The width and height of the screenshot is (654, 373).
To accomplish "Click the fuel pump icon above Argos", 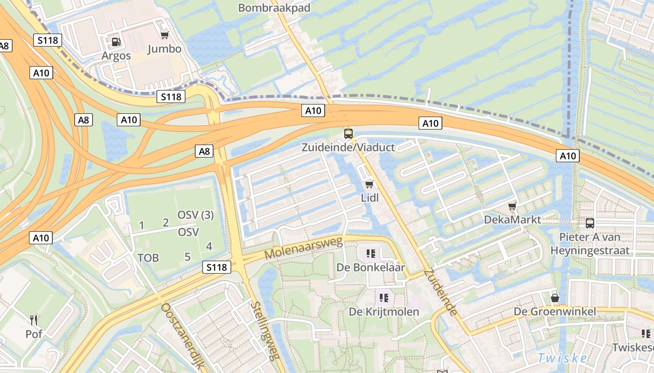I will [116, 42].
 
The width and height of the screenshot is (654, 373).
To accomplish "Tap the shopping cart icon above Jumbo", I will [164, 35].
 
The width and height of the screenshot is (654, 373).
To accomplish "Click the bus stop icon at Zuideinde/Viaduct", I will [348, 134].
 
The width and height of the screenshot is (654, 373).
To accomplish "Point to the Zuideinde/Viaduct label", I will [348, 147].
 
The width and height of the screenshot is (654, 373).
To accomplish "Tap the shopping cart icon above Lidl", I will [370, 184].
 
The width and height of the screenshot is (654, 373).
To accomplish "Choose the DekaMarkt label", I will [512, 219].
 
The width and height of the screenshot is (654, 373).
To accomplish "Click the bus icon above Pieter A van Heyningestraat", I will [590, 223].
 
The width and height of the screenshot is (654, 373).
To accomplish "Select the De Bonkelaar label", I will [371, 268].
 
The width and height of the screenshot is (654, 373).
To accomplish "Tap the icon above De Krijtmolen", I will [384, 297].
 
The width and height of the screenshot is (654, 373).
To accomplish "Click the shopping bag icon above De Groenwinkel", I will [555, 297].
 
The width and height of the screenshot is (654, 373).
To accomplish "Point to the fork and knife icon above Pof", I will [34, 320].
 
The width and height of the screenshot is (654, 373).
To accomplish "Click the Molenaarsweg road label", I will [304, 248].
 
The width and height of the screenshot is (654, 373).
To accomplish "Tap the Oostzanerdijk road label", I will [182, 336].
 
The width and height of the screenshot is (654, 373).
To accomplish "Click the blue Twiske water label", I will [562, 358].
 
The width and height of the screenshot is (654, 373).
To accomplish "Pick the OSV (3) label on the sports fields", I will [195, 215].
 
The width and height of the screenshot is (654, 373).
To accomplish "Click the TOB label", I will [148, 257].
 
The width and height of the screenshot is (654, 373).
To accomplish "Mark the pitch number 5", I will [187, 256].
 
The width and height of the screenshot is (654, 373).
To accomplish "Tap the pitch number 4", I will [209, 246].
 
